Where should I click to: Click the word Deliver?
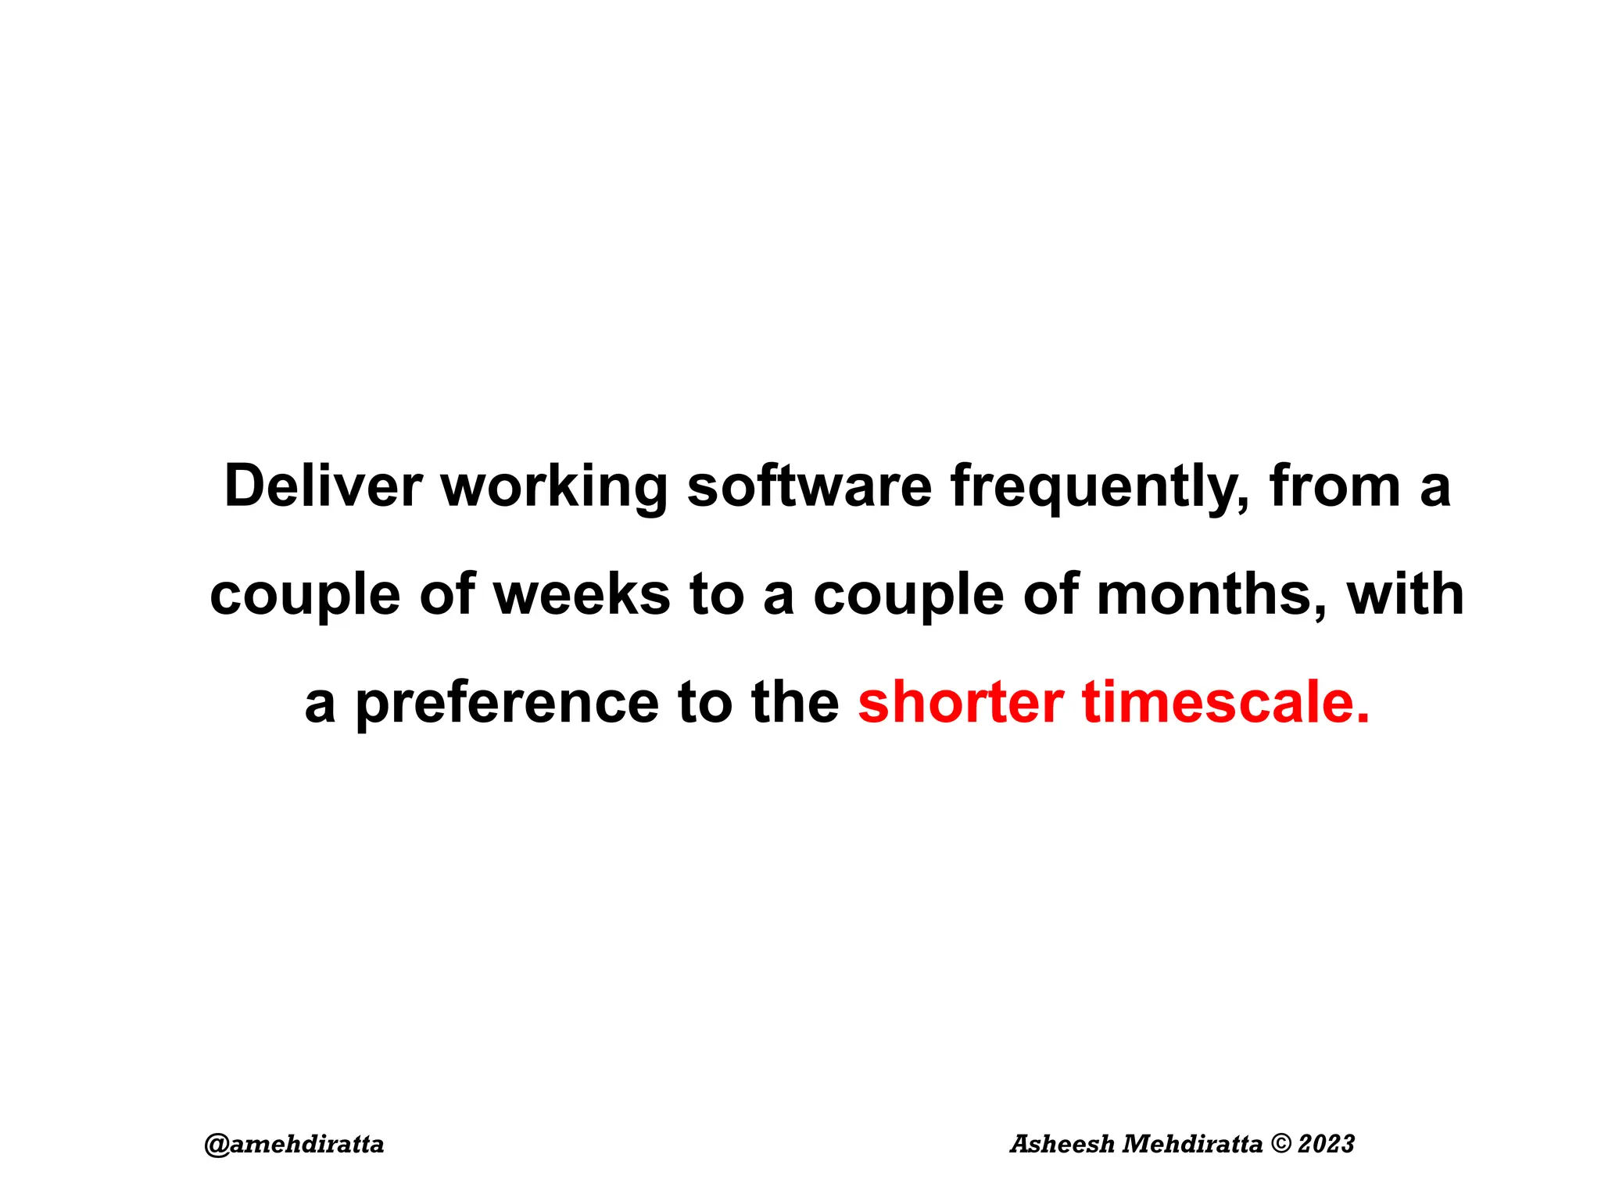[323, 486]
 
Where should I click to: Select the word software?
[809, 486]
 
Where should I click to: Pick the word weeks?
[582, 594]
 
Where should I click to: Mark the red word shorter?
[961, 702]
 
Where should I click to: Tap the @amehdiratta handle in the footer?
[294, 1145]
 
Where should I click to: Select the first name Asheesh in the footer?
[1062, 1144]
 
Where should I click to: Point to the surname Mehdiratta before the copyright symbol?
[1193, 1144]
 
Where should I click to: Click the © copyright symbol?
[1281, 1144]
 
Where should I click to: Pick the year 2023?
[1326, 1144]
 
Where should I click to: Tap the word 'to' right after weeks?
[715, 594]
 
